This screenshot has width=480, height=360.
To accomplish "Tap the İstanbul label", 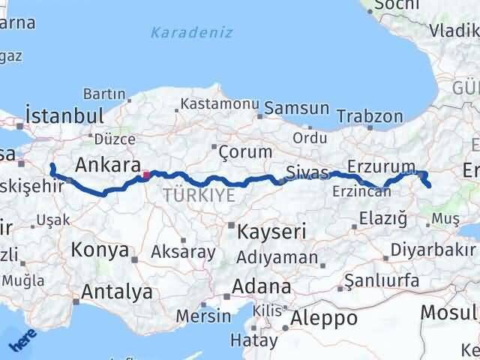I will point(64,116).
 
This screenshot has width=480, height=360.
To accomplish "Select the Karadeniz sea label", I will point(191,33).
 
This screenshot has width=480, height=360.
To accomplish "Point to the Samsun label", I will point(297,109).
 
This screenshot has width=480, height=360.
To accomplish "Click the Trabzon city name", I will point(370,116).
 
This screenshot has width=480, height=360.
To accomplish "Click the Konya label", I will point(100,250).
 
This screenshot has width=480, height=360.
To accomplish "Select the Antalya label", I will point(117,291).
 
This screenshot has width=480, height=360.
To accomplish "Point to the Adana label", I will point(262,286).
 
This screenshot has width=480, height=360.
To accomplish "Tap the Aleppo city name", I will point(324,318).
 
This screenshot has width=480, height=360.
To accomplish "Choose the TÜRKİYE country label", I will point(199,195).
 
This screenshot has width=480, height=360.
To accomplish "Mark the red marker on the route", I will point(145,175).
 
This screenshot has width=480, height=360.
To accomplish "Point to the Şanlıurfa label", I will point(379,283).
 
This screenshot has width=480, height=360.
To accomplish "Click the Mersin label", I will point(203,316).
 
